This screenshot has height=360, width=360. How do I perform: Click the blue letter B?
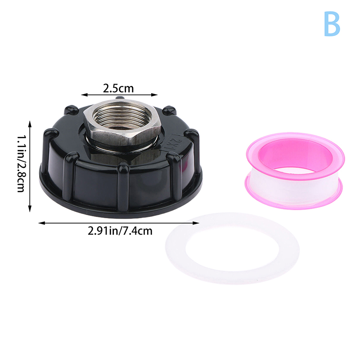(x=332, y=24)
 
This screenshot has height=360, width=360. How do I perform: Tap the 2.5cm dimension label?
(x=118, y=88)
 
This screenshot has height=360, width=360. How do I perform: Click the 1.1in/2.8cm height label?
(x=22, y=163)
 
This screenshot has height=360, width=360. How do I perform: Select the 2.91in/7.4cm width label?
(x=120, y=231)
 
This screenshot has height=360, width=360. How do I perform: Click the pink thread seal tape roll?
(x=295, y=171)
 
